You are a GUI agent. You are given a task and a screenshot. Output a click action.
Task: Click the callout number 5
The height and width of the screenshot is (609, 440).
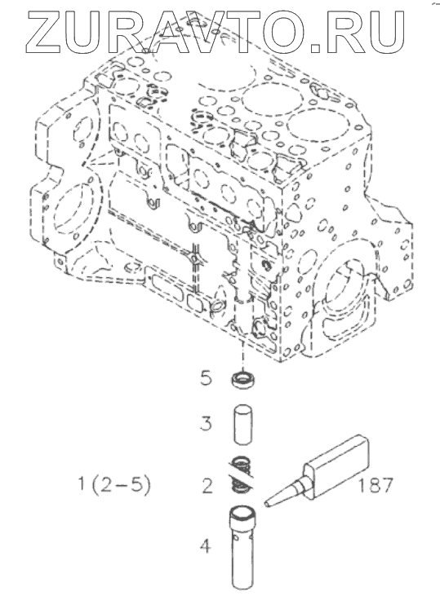207,377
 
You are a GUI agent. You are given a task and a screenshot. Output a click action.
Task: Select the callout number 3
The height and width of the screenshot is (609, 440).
207,423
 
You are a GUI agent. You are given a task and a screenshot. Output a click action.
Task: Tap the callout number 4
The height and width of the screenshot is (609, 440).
206,546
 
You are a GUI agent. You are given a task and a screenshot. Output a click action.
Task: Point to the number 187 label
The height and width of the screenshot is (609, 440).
376,485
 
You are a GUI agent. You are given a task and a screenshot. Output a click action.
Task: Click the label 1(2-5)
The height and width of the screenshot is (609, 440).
114,485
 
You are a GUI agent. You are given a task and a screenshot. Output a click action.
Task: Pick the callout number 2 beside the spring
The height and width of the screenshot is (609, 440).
207,486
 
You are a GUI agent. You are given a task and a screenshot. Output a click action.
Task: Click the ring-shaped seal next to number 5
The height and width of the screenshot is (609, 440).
243,380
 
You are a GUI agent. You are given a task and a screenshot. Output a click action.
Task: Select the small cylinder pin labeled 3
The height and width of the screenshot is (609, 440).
243,425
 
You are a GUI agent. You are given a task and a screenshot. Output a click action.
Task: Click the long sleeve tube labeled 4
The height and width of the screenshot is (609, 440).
243,549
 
